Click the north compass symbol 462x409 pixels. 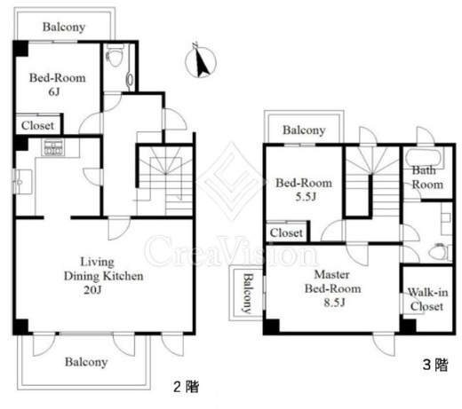click(x=201, y=61)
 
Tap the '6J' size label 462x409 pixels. click(x=54, y=92)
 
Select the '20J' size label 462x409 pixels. click(x=92, y=290)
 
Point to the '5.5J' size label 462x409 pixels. click(x=306, y=197)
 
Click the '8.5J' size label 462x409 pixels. click(x=334, y=303)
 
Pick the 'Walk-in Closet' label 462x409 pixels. click(x=427, y=299)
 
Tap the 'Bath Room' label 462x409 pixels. click(x=427, y=177)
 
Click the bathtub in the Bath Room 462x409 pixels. click(x=424, y=158)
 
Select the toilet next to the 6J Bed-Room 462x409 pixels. click(x=115, y=56)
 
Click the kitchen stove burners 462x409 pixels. click(x=53, y=147)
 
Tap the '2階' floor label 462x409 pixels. click(x=187, y=387)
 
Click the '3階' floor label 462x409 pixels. click(x=435, y=365)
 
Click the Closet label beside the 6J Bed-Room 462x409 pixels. click(x=37, y=125)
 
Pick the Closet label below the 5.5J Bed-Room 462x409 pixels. click(x=286, y=232)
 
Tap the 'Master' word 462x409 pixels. click(x=331, y=275)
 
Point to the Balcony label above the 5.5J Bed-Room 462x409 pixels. click(x=304, y=130)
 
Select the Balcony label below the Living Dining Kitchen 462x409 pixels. click(x=86, y=362)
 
